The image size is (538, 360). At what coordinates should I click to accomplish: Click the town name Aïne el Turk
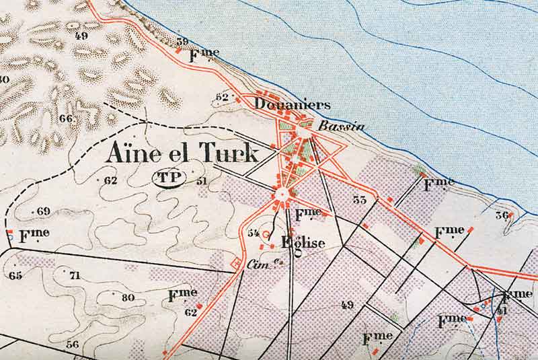[182, 154]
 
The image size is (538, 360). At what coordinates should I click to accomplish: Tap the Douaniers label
[293, 104]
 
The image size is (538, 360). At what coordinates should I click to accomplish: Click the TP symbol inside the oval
[167, 180]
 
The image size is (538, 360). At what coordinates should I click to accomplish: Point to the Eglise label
[303, 244]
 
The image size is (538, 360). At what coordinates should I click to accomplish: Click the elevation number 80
[128, 297]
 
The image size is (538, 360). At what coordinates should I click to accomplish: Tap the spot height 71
[74, 275]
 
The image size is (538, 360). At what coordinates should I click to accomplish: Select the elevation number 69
[44, 211]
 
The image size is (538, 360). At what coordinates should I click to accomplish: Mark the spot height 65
[15, 275]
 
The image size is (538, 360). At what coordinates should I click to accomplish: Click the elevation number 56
[72, 344]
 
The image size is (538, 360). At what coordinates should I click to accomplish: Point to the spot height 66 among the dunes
[65, 118]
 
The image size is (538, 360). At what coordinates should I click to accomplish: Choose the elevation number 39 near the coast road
[182, 42]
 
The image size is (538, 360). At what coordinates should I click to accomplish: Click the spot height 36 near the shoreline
[501, 215]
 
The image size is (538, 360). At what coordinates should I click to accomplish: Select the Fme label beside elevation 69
[34, 236]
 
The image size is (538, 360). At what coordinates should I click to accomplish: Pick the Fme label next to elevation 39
[205, 54]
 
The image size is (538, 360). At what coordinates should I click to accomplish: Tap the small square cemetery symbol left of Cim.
[235, 262]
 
